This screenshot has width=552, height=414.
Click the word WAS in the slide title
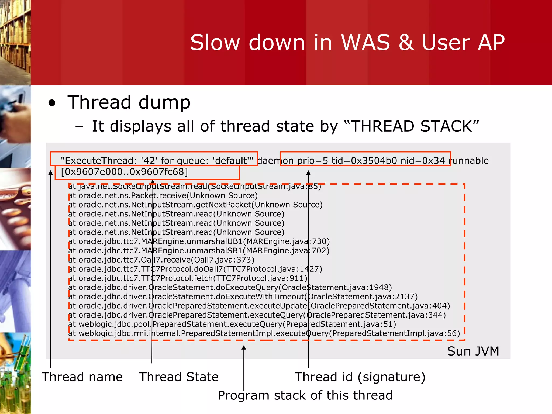click(x=365, y=43)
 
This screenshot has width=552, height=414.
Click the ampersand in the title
click(x=406, y=43)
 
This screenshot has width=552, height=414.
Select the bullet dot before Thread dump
click(x=52, y=103)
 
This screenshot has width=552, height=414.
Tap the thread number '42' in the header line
click(x=149, y=161)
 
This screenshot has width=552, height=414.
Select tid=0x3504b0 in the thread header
click(x=364, y=161)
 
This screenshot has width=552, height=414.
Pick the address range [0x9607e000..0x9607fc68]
click(x=124, y=172)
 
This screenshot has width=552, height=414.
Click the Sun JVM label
click(x=473, y=351)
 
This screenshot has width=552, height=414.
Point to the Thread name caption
click(x=82, y=377)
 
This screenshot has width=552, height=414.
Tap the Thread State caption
click(x=179, y=377)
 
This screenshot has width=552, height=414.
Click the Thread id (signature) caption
click(x=360, y=377)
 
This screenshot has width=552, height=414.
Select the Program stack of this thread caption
click(x=305, y=395)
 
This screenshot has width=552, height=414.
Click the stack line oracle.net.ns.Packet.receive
click(x=163, y=195)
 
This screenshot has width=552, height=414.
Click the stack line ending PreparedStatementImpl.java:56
click(x=264, y=333)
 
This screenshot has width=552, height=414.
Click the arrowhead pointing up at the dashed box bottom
click(x=244, y=348)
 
